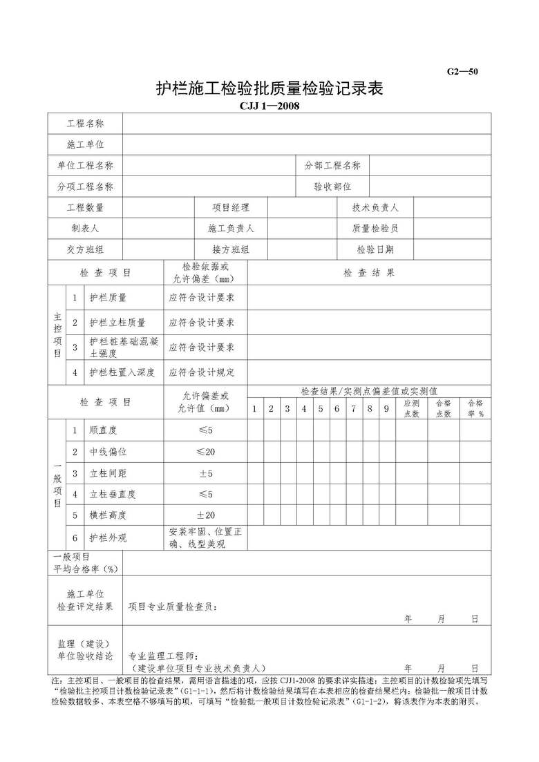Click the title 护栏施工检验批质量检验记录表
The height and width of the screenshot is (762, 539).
tap(269, 89)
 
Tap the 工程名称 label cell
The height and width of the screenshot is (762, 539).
tap(85, 124)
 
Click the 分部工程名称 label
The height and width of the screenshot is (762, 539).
tap(332, 166)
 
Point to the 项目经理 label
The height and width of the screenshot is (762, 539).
tap(231, 208)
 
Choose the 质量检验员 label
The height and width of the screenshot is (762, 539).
tap(375, 229)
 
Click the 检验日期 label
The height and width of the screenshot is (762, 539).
tap(375, 250)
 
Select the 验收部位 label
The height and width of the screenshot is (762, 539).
tap(332, 187)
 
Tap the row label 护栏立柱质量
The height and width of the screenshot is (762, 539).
tap(117, 323)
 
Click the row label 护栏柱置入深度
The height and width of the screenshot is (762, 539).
tap(122, 372)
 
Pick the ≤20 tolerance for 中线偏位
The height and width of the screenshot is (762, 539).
tap(205, 452)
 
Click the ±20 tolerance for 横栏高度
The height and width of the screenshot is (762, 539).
tap(205, 515)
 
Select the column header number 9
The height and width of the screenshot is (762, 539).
tap(386, 409)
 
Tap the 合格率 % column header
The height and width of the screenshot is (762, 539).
tap(475, 408)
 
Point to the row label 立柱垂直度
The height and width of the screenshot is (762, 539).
tap(113, 495)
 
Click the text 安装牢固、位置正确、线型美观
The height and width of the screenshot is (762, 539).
tap(205, 537)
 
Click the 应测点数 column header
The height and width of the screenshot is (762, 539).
tap(411, 408)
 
